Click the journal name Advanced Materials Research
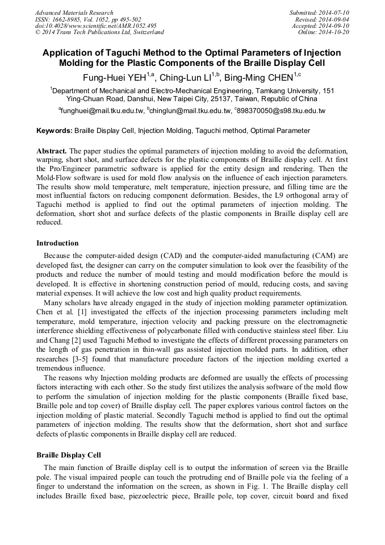pos(74,13)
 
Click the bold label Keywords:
pos(55,131)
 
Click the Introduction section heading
pos(57,243)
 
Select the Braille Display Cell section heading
pos(68,455)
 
